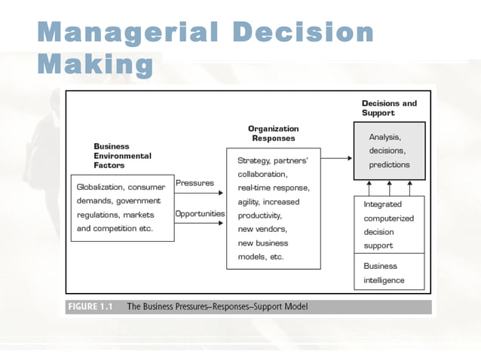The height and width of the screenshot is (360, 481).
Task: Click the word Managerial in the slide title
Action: (126, 32)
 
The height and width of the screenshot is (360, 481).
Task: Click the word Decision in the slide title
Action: (304, 32)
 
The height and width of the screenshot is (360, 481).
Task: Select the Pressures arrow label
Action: (195, 182)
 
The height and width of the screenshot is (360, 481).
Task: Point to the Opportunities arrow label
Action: (200, 213)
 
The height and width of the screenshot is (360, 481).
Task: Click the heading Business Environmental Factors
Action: (122, 156)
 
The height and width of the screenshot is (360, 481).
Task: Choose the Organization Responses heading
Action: (273, 133)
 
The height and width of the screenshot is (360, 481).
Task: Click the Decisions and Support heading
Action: (389, 108)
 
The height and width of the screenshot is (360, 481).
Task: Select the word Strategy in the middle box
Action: (253, 160)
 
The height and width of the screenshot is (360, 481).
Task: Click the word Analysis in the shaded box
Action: (384, 137)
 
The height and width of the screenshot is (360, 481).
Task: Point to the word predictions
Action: (389, 164)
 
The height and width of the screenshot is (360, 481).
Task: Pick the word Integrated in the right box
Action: (382, 204)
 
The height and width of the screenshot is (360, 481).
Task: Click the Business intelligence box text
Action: (384, 273)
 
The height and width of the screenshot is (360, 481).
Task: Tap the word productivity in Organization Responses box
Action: (260, 215)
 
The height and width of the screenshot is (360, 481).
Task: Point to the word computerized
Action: (389, 218)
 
